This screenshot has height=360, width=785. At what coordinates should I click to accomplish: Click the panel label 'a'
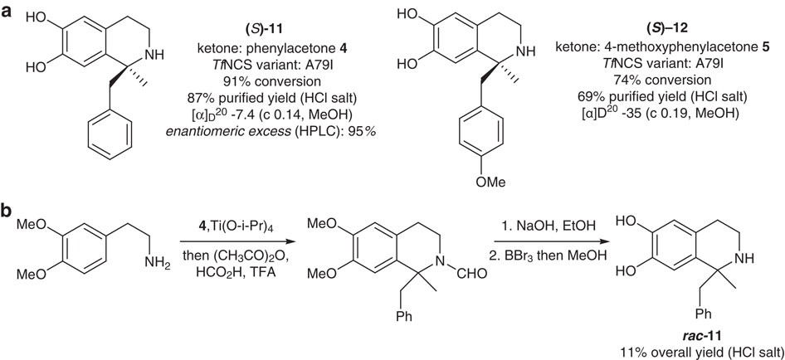click(x=11, y=13)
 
